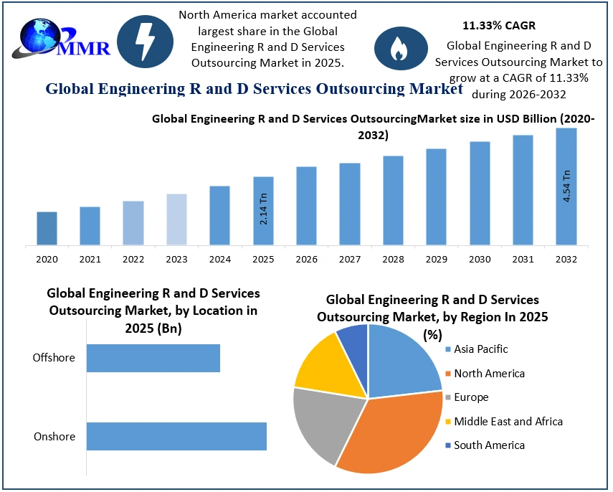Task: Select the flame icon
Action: click(x=397, y=48)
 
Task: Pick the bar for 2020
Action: click(x=47, y=229)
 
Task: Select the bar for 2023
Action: click(x=176, y=219)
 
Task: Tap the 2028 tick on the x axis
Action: click(x=393, y=259)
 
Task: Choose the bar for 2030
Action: click(x=480, y=194)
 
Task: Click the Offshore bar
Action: click(x=153, y=357)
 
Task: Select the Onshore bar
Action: click(x=176, y=436)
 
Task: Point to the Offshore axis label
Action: click(x=54, y=357)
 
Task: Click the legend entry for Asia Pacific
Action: click(x=480, y=349)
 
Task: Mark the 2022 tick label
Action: click(x=133, y=259)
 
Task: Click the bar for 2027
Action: click(x=350, y=204)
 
